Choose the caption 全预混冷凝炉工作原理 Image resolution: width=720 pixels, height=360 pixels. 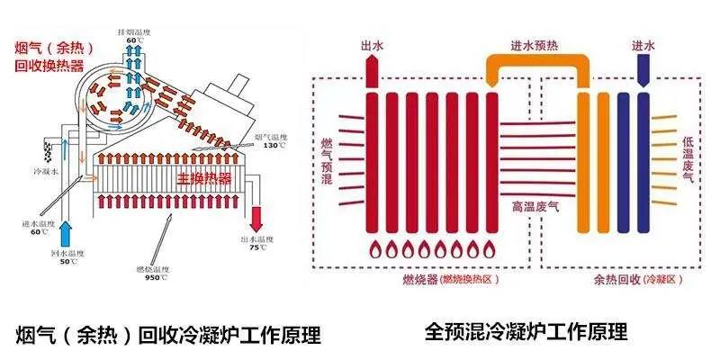(526, 330)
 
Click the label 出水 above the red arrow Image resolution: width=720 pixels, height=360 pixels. (372, 43)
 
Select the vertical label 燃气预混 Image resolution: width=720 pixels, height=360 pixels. (326, 162)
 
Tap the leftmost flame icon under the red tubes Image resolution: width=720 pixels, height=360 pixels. (372, 249)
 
